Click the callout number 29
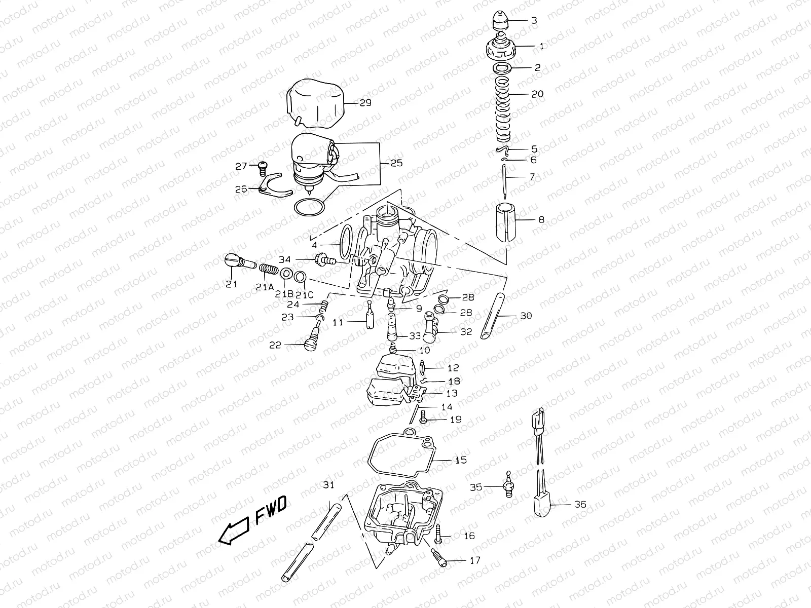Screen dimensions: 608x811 pos(365,103)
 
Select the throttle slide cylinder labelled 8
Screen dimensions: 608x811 pos(507,221)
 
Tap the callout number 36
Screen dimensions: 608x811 pos(580,504)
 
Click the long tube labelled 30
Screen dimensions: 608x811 pos(493,317)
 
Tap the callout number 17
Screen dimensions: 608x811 pos(475,560)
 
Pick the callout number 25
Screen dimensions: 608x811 pos(396,164)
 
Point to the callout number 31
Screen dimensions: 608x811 pos(329,485)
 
